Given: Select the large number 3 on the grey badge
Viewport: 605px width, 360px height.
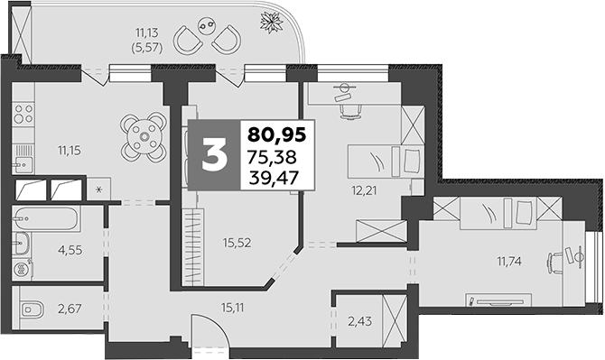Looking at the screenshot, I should pyautogui.click(x=213, y=155).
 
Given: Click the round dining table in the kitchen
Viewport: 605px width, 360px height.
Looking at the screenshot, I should pyautogui.click(x=144, y=135).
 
